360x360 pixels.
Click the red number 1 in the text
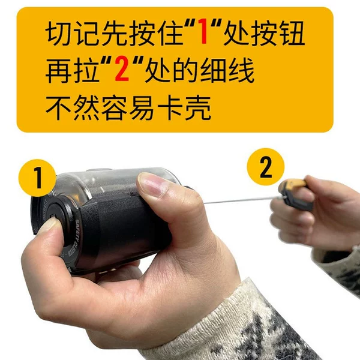(204, 31)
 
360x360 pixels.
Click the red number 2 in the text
(122, 70)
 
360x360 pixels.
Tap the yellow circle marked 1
(37, 178)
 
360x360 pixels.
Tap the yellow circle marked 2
(266, 167)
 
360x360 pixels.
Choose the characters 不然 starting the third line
(73, 107)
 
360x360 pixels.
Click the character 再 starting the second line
(59, 70)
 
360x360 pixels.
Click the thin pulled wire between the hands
(242, 200)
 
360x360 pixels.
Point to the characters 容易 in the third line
(129, 107)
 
